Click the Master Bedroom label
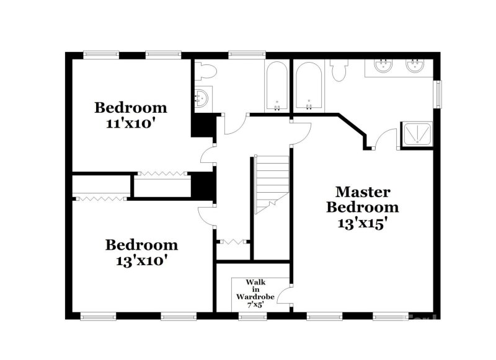click(x=363, y=199)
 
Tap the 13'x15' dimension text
click(x=363, y=222)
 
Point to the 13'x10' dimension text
click(x=141, y=260)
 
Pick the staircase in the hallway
click(x=272, y=183)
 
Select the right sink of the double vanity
click(x=414, y=65)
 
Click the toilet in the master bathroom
click(x=339, y=71)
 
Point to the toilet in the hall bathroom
click(x=206, y=71)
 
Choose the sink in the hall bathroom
click(x=202, y=97)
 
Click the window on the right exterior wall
click(x=439, y=94)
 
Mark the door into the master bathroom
click(x=388, y=138)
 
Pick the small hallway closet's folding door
click(x=232, y=240)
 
